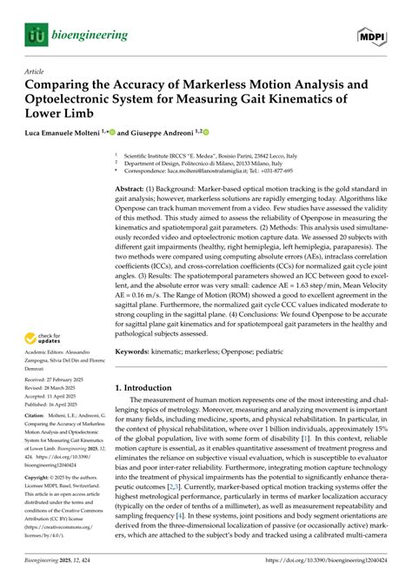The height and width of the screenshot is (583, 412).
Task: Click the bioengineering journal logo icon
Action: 35,36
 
